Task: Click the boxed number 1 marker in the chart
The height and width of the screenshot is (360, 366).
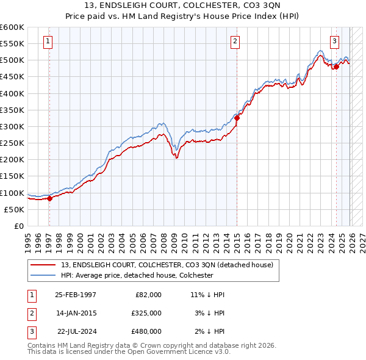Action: [48, 41]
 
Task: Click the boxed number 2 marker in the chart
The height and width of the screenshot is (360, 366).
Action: [235, 41]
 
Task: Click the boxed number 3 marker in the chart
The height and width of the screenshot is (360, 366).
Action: [335, 41]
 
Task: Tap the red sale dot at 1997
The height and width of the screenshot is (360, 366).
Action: [49, 198]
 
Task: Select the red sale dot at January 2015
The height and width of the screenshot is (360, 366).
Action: [237, 118]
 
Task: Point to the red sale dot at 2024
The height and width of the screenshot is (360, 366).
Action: [336, 67]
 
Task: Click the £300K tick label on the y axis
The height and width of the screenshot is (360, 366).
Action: [12, 126]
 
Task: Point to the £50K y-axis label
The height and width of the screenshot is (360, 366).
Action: [14, 209]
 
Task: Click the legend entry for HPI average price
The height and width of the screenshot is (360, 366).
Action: [137, 275]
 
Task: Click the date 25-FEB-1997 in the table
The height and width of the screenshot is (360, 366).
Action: [76, 295]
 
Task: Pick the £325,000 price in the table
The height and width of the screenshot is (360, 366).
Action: [146, 313]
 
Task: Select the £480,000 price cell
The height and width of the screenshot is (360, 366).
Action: [146, 331]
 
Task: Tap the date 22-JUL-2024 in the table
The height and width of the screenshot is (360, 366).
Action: [76, 331]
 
